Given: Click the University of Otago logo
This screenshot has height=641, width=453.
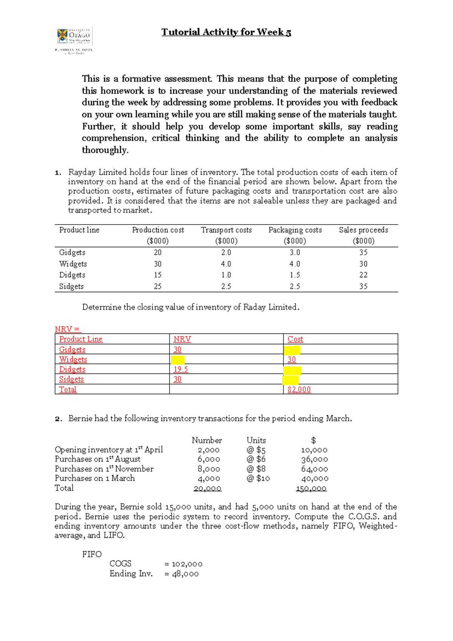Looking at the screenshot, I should point(74,41).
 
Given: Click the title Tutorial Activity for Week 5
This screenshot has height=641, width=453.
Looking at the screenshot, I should point(226,32).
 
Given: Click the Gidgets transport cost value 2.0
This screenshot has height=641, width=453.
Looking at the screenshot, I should point(226,252).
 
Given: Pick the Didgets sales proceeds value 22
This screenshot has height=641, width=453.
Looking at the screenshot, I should point(363,275).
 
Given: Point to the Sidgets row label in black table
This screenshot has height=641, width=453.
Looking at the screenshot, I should point(71,286).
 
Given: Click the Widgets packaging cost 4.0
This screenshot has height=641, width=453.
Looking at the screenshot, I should point(295,264).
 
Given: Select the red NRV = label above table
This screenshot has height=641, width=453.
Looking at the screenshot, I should point(68,329).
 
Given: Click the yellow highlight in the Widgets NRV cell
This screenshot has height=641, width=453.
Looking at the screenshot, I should point(178,359).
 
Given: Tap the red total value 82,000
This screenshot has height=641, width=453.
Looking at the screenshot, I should point(299,389).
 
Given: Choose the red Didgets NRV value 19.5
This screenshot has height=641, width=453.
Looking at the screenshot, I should point(180,369).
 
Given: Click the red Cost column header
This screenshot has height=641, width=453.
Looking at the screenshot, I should point(295,339).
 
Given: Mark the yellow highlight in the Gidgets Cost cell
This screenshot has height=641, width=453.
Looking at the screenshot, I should point(292,350).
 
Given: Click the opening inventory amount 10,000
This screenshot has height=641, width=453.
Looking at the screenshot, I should point(314,450).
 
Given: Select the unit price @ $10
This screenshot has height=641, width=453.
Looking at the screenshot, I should point(258,478).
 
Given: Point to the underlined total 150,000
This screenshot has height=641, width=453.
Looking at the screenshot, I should point(311,488).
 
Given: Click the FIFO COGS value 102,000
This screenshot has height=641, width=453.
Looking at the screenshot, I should point(187,564).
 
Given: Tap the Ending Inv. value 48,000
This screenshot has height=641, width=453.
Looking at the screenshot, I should point(185,574).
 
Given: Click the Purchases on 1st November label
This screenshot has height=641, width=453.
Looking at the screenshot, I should point(104,469).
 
